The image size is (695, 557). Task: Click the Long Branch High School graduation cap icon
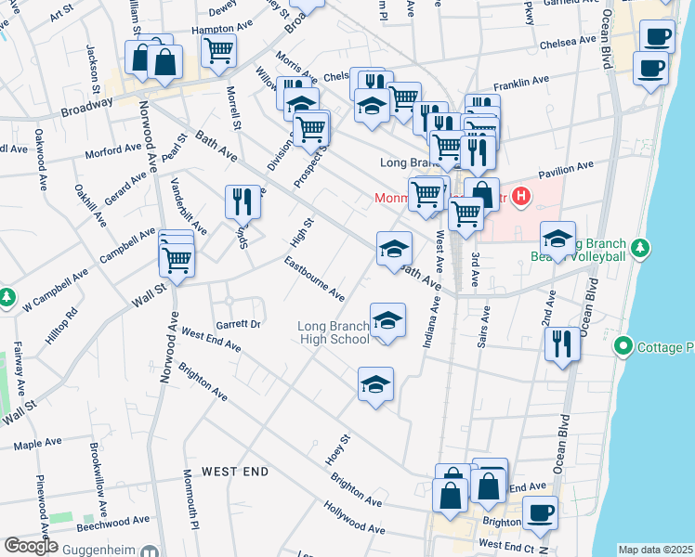pyautogui.click(x=387, y=321)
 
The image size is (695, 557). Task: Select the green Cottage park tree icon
pyautogui.click(x=623, y=347)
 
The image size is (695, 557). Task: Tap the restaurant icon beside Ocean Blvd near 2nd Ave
pyautogui.click(x=563, y=343)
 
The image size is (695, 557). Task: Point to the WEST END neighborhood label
pyautogui.click(x=235, y=472)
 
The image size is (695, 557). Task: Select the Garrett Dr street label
pyautogui.click(x=238, y=325)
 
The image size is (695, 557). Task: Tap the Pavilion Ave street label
pyautogui.click(x=565, y=171)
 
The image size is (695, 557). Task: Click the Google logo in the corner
pyautogui.click(x=31, y=546)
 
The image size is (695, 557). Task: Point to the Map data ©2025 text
pyautogui.click(x=654, y=550)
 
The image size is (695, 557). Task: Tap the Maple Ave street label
pyautogui.click(x=36, y=445)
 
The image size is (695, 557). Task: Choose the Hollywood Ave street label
pyautogui.click(x=353, y=518)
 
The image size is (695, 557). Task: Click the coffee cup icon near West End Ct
pyautogui.click(x=539, y=513)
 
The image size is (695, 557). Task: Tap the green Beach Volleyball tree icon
pyautogui.click(x=639, y=248)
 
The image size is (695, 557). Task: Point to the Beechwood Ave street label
pyautogui.click(x=114, y=522)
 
